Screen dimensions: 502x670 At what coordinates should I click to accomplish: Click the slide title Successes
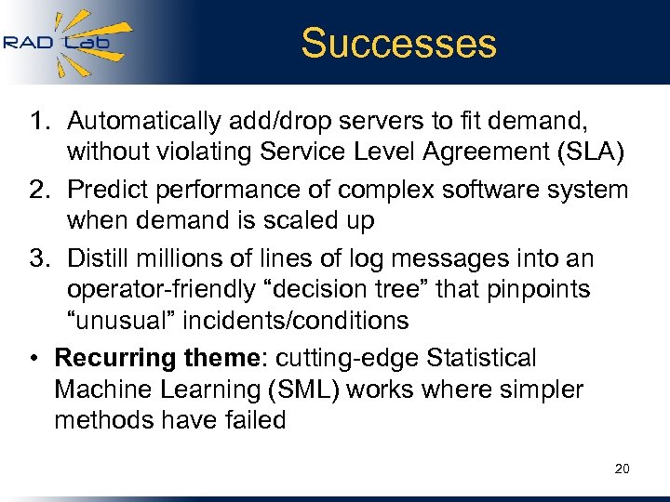(399, 43)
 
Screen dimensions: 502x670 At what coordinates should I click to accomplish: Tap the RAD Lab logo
(67, 42)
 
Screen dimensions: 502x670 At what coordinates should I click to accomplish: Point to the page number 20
(622, 469)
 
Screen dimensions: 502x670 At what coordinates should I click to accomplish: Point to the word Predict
(108, 190)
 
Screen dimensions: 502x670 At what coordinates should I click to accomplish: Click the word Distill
(100, 258)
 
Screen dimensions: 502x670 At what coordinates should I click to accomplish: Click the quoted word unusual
(121, 322)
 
